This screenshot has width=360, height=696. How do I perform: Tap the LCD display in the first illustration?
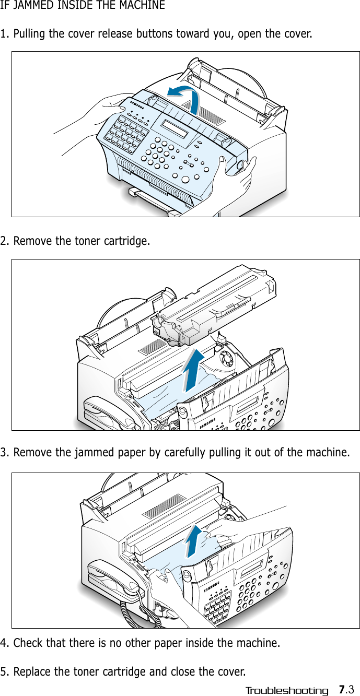[x=174, y=128]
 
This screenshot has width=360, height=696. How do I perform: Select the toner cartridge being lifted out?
[x=214, y=308]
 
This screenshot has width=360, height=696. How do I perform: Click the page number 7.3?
[x=346, y=689]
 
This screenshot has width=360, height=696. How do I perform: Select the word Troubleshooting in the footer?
[x=287, y=691]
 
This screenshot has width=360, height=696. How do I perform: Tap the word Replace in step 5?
[x=32, y=671]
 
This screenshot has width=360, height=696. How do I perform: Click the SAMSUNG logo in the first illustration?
[x=135, y=104]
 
